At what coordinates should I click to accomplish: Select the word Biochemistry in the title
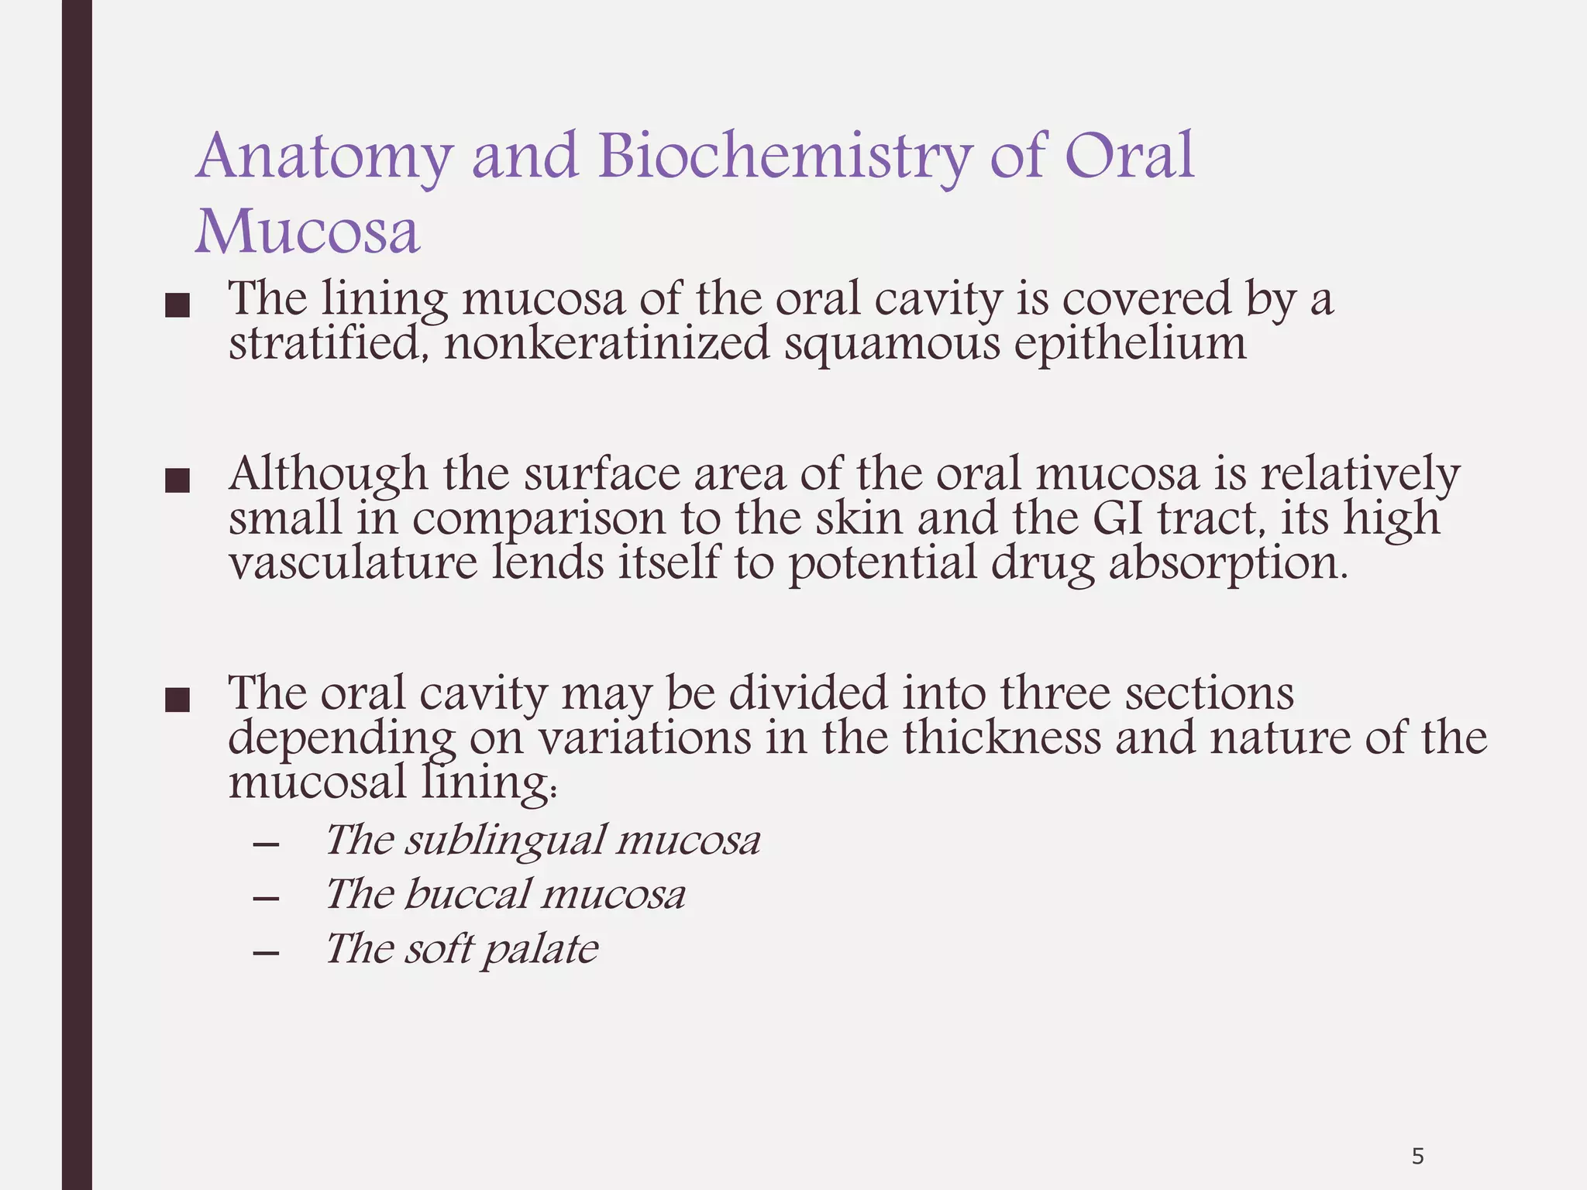(x=783, y=157)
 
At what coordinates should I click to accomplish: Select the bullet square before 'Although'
(x=177, y=481)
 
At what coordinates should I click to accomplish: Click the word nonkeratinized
(x=607, y=342)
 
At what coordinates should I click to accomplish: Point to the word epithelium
(x=1131, y=342)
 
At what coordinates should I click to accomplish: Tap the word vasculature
(x=353, y=562)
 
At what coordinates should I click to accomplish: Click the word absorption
(x=1228, y=564)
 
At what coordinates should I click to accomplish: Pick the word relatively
(x=1360, y=473)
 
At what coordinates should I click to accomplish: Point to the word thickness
(x=1001, y=737)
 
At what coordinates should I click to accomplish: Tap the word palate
(x=540, y=950)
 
